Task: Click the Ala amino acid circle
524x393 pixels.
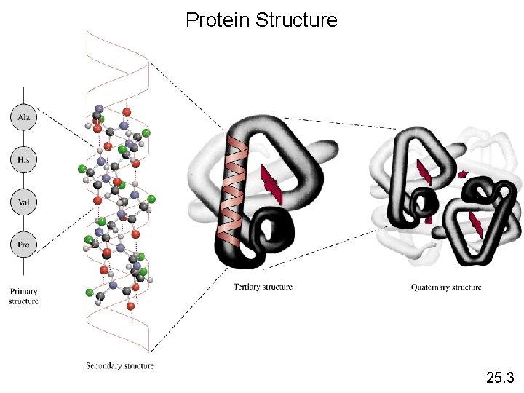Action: coord(23,117)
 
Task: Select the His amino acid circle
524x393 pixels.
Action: coord(23,159)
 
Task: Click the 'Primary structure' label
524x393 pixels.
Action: coord(23,296)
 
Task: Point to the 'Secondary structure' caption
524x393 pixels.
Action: coord(119,365)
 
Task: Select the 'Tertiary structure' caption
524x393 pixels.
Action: coord(263,287)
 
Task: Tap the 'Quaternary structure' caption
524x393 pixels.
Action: coord(446,287)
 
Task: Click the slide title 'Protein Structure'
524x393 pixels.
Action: coord(261,20)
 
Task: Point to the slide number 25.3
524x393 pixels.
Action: coord(500,378)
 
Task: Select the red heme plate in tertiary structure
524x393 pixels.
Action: coord(271,186)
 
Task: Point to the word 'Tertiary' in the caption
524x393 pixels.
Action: coord(247,287)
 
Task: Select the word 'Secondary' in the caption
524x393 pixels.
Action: coord(103,365)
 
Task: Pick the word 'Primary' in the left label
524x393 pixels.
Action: coord(23,292)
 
